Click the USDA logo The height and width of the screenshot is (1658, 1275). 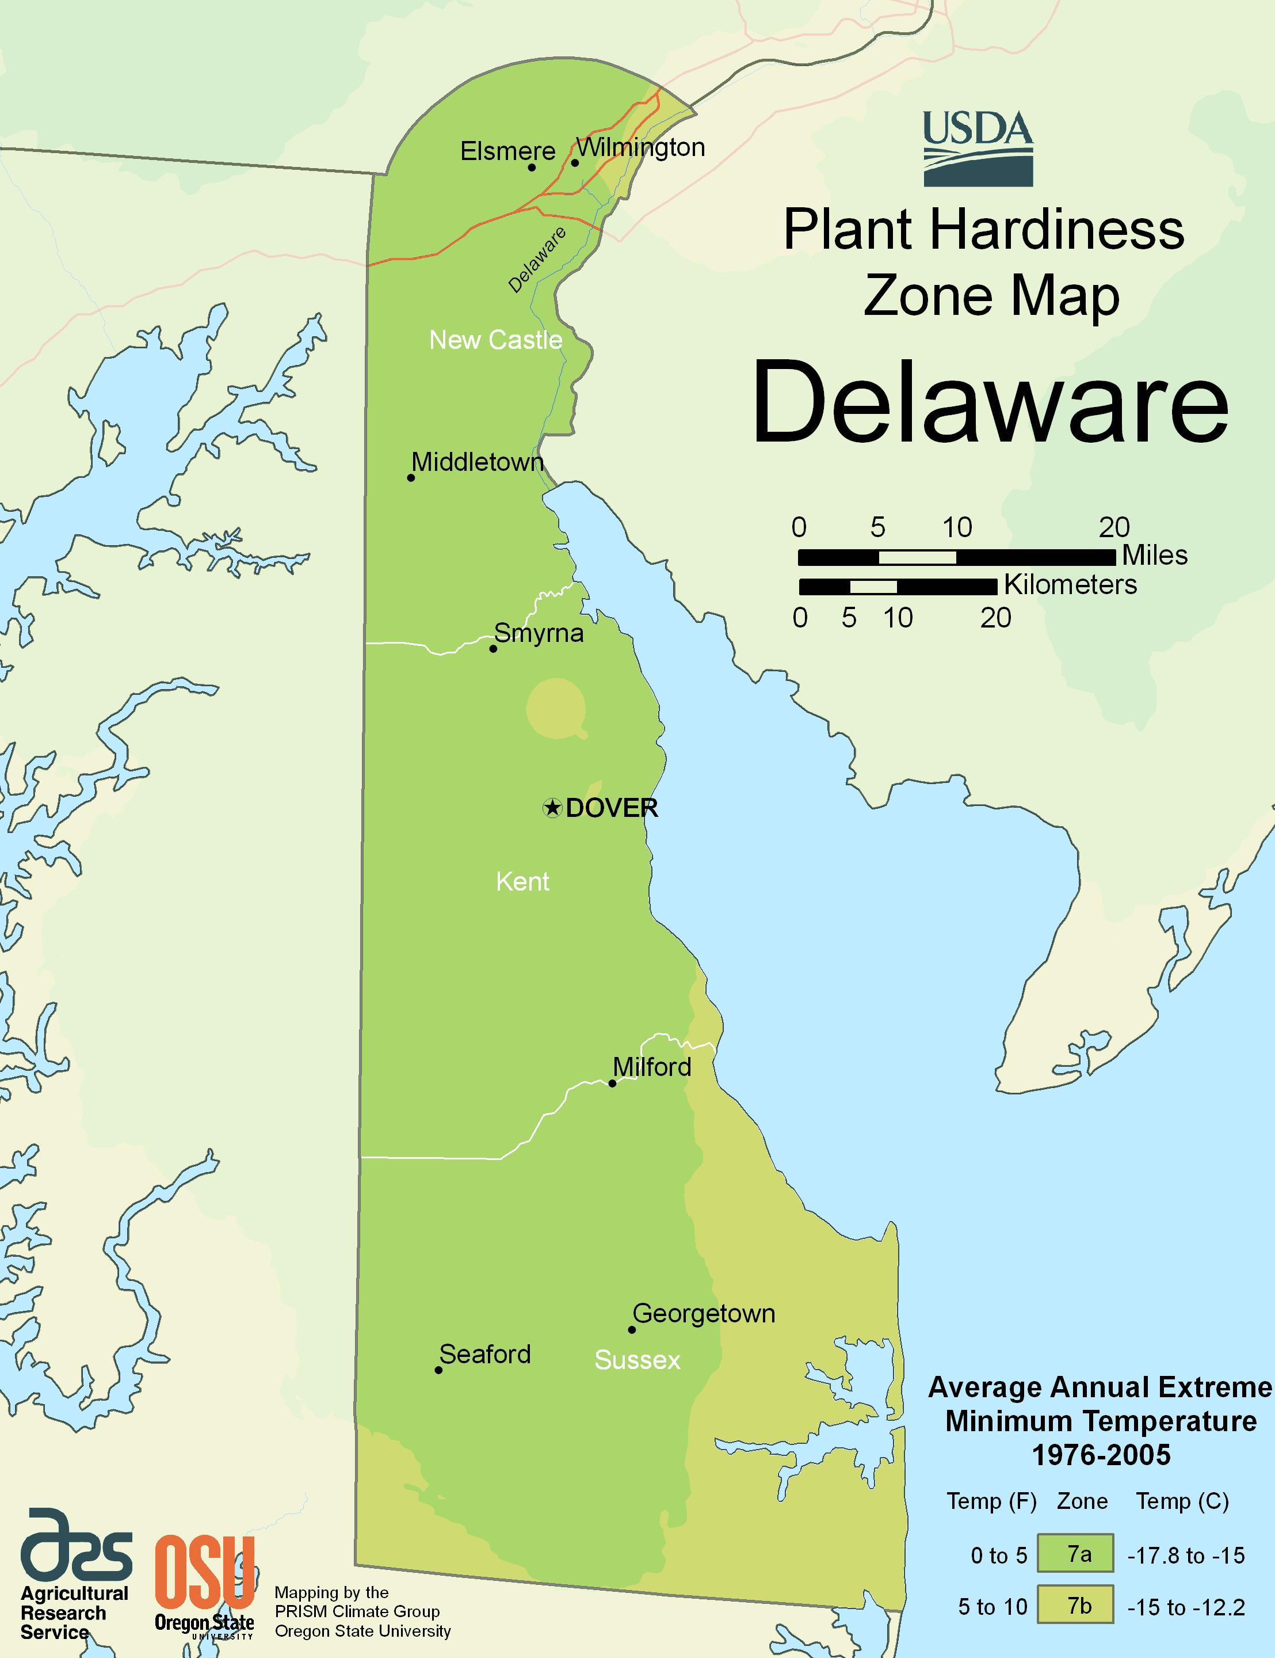(978, 149)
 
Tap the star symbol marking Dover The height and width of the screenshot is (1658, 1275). (552, 808)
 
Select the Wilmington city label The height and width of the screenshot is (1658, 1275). (640, 147)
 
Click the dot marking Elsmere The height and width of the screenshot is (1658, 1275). (531, 167)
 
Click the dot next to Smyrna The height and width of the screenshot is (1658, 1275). (493, 648)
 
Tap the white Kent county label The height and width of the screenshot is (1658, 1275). (522, 881)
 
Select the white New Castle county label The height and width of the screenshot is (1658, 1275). (495, 340)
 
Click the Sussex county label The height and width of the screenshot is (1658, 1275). (637, 1360)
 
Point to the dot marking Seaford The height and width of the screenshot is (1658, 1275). (438, 1370)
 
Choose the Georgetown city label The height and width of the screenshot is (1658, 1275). (704, 1313)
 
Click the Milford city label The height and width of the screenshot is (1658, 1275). (652, 1067)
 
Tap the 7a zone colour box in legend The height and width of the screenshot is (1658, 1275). (1075, 1553)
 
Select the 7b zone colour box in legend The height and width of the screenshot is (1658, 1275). (1075, 1604)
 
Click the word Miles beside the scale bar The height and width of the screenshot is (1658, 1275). (1154, 556)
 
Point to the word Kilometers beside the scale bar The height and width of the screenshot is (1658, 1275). (1070, 584)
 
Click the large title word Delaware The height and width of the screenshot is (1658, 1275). (990, 402)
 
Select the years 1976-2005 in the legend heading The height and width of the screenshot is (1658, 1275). (1101, 1455)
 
